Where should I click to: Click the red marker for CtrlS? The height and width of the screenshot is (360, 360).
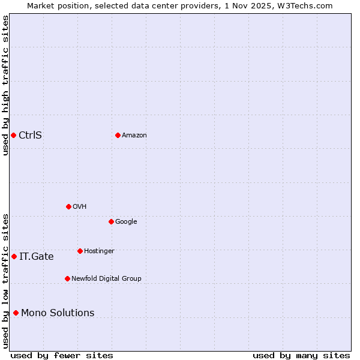[13, 135]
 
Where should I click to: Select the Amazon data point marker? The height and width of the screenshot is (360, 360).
[118, 135]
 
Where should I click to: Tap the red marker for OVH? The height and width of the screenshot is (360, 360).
[68, 206]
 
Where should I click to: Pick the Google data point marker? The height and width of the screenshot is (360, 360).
[111, 221]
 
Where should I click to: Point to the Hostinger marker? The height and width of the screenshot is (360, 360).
[80, 251]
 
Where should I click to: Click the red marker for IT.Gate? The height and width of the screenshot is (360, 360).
[14, 256]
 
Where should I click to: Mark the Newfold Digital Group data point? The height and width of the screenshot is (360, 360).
[67, 278]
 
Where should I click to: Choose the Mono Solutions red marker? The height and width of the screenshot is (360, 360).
[16, 313]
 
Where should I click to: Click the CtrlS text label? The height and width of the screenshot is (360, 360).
[30, 135]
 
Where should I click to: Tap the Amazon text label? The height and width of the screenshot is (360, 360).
[134, 136]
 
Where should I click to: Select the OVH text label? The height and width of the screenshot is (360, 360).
[79, 207]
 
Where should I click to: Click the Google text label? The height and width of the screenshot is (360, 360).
[126, 222]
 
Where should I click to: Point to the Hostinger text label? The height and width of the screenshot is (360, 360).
[99, 251]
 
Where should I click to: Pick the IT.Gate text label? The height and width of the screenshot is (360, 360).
[36, 257]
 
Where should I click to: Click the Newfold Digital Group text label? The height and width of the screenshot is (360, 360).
[106, 279]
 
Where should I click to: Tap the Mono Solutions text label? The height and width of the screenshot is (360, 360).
[58, 313]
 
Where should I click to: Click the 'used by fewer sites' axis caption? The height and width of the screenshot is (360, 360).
[62, 356]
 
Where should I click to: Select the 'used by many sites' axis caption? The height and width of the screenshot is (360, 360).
[301, 356]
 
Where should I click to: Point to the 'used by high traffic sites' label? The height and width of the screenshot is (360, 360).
[5, 85]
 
